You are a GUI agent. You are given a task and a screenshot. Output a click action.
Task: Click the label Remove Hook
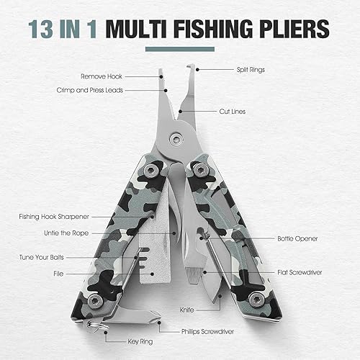[x=102, y=76]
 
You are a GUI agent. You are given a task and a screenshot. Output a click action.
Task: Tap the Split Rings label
[x=251, y=70]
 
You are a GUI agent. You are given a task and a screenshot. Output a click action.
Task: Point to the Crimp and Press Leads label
[x=89, y=90]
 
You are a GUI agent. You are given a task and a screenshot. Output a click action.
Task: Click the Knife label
[x=227, y=307]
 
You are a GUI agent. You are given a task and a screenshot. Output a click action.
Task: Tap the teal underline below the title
[x=180, y=50]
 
